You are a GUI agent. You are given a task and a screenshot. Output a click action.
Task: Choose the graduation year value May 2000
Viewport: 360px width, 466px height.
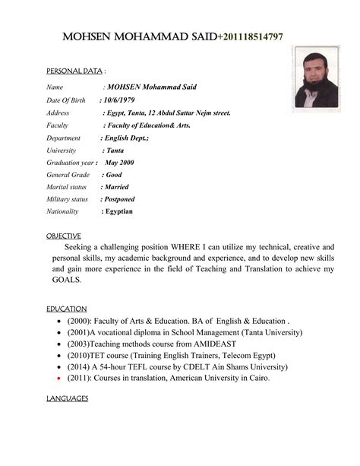(119, 163)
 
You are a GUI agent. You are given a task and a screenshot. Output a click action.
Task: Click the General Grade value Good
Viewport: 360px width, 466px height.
(113, 175)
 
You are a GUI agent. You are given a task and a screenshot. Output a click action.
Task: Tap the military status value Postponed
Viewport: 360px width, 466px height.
(119, 199)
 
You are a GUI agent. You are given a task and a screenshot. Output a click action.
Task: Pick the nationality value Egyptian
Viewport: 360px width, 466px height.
(118, 211)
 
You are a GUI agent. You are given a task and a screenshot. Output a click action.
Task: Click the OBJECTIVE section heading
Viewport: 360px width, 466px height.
(64, 236)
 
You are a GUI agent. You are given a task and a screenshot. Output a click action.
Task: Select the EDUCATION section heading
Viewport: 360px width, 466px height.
(67, 309)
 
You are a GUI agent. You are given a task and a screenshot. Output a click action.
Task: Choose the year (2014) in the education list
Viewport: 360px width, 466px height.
(81, 366)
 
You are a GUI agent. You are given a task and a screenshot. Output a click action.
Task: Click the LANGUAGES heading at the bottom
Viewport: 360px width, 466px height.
(68, 399)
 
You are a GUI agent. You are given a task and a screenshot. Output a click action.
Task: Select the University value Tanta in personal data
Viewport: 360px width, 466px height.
(115, 151)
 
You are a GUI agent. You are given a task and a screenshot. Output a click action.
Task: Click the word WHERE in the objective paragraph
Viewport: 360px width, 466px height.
(197, 248)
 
